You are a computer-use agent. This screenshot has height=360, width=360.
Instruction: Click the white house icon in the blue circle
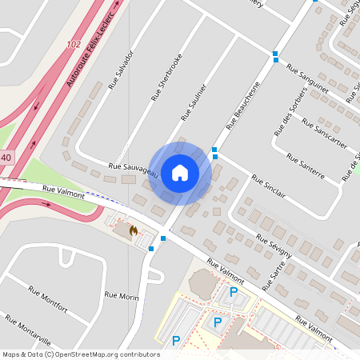[x=180, y=173]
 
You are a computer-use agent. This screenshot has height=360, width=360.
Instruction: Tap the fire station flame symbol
[x=133, y=230]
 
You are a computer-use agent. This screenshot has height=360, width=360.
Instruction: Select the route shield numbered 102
[x=74, y=45]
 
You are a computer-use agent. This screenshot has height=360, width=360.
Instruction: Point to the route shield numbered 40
[x=6, y=158]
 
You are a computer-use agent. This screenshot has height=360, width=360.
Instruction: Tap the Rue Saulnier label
[x=194, y=102]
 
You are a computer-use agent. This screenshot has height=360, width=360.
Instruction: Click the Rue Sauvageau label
[x=133, y=168]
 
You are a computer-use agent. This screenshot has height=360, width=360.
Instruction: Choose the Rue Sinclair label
[x=267, y=188]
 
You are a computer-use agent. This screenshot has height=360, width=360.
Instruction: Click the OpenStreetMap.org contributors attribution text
[x=111, y=354]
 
